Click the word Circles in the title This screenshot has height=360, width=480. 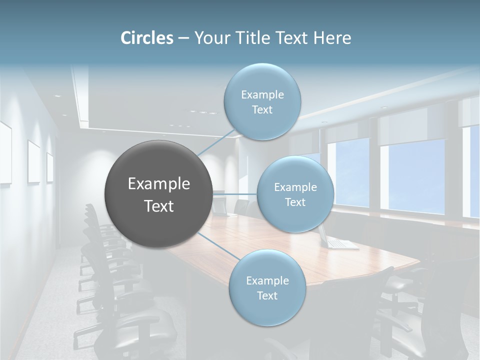pyautogui.click(x=147, y=38)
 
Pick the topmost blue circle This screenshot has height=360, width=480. pyautogui.click(x=262, y=101)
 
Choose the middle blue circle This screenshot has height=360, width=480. pyautogui.click(x=295, y=194)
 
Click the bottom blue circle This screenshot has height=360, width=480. pyautogui.click(x=267, y=287)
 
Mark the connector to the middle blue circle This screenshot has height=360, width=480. pyautogui.click(x=235, y=193)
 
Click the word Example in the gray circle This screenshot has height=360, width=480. pyautogui.click(x=159, y=184)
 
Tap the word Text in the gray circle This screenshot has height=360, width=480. pyautogui.click(x=159, y=206)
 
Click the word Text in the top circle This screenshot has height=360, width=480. pyautogui.click(x=262, y=110)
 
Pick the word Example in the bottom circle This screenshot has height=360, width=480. pyautogui.click(x=267, y=280)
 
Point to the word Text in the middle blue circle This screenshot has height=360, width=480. pyautogui.click(x=295, y=202)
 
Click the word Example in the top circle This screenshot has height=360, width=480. pyautogui.click(x=262, y=94)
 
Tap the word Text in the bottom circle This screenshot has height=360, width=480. pyautogui.click(x=267, y=295)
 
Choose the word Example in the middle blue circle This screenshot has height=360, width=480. pyautogui.click(x=295, y=187)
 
